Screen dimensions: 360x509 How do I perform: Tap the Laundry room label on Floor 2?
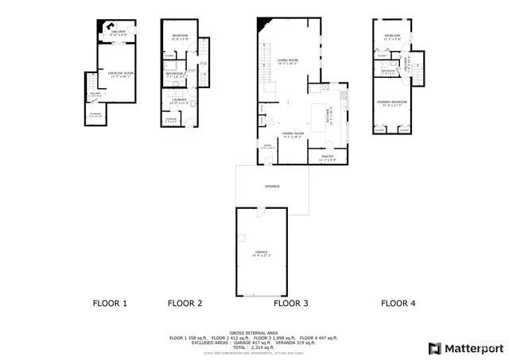pyautogui.click(x=177, y=99)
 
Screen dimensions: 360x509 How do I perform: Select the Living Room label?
pyautogui.click(x=287, y=60)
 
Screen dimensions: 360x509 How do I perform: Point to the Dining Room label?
pyautogui.click(x=293, y=133)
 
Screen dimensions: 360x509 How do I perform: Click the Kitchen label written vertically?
pyautogui.click(x=328, y=116)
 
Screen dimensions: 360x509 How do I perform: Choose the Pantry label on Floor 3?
pyautogui.click(x=327, y=157)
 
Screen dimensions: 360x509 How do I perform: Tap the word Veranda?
pyautogui.click(x=272, y=186)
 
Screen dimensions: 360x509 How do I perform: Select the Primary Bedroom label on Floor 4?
pyautogui.click(x=394, y=102)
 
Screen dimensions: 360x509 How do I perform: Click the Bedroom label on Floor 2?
pyautogui.click(x=178, y=37)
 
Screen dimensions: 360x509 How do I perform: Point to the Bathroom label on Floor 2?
pyautogui.click(x=176, y=72)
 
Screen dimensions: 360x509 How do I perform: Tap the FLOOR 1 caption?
pyautogui.click(x=110, y=303)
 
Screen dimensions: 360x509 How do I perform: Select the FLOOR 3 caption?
pyautogui.click(x=290, y=303)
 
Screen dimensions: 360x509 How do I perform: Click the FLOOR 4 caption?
pyautogui.click(x=398, y=303)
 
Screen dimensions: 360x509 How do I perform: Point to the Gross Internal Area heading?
pyautogui.click(x=254, y=332)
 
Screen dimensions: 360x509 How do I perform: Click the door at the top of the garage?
pyautogui.click(x=259, y=211)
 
